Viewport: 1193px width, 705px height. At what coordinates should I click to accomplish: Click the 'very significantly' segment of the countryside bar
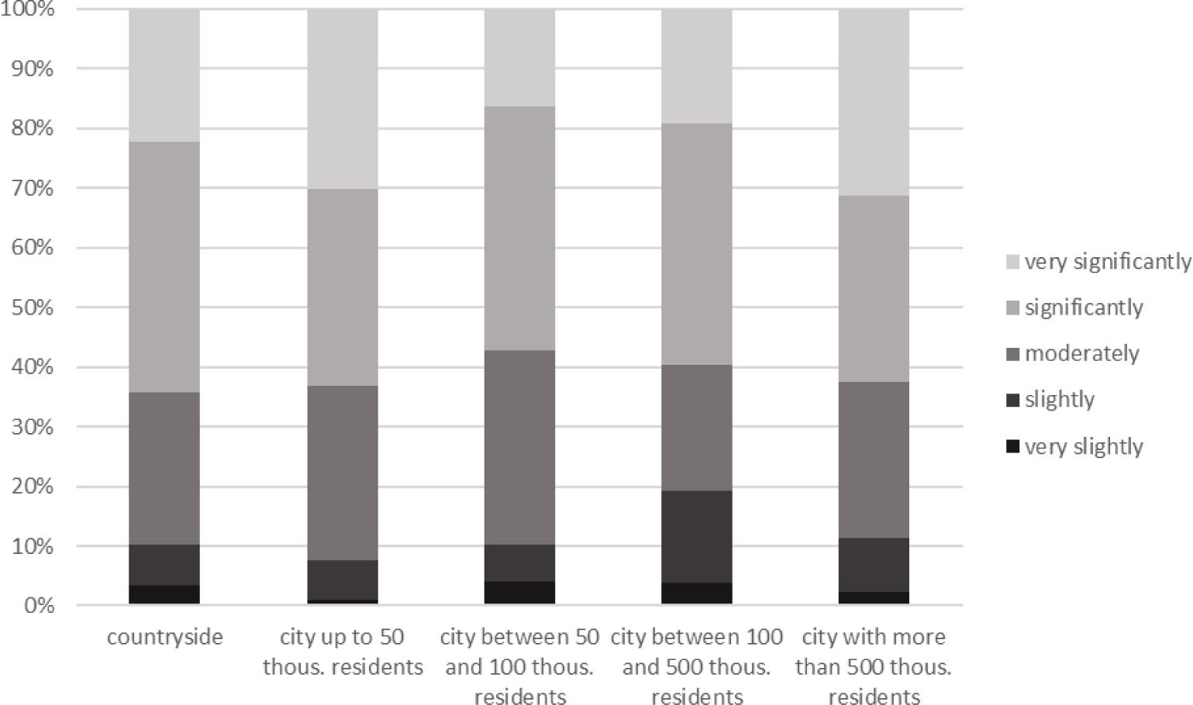tap(164, 75)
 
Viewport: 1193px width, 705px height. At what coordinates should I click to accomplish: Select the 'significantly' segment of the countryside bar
tap(164, 267)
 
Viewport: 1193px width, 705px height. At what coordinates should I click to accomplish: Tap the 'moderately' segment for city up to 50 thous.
tap(343, 473)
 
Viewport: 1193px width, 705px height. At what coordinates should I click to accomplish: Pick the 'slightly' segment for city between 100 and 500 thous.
tap(696, 536)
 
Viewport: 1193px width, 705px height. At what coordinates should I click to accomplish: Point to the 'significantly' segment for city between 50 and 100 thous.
tap(519, 228)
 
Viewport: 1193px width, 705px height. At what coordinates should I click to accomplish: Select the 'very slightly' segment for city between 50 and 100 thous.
tap(519, 593)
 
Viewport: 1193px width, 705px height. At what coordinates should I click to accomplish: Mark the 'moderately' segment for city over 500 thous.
tap(874, 459)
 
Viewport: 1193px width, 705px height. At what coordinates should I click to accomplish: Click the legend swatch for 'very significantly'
tap(1012, 262)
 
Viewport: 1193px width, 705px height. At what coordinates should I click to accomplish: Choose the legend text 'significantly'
tap(1083, 308)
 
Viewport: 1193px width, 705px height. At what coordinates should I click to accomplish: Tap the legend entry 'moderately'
tap(1081, 354)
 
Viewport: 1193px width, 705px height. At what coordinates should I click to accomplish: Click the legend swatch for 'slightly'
tap(1012, 400)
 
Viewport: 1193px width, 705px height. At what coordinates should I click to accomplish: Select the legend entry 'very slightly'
tap(1083, 446)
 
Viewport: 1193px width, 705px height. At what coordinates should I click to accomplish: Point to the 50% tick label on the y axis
tap(33, 308)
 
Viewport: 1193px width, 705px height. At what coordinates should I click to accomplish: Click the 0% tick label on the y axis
tap(38, 605)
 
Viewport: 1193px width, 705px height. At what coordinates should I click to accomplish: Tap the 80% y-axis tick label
tap(33, 129)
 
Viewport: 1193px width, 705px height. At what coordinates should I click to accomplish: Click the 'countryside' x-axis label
tap(164, 637)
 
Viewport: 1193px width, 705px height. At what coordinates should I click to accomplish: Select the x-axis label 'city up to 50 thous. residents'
tap(343, 652)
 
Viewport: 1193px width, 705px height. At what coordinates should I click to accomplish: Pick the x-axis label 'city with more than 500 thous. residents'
tap(874, 666)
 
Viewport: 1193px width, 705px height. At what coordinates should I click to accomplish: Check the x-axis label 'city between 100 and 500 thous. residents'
tap(696, 666)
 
